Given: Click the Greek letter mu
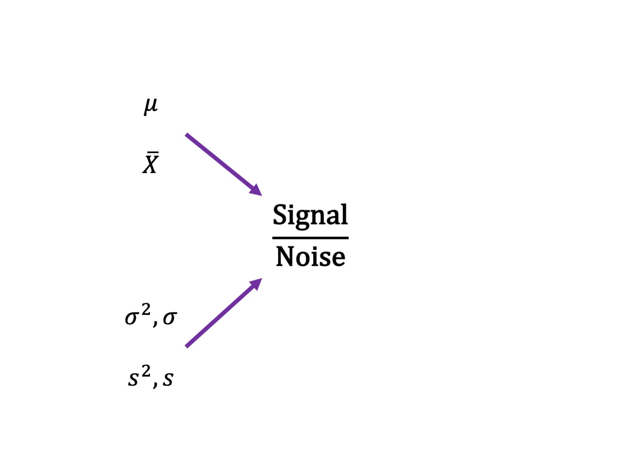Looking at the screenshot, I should pyautogui.click(x=151, y=106).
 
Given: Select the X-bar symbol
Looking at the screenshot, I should pyautogui.click(x=150, y=164).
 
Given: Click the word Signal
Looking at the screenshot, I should pyautogui.click(x=310, y=215).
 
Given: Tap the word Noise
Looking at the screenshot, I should pyautogui.click(x=310, y=256).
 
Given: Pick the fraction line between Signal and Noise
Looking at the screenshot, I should pyautogui.click(x=310, y=238).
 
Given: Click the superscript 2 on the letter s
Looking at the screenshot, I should pyautogui.click(x=146, y=371).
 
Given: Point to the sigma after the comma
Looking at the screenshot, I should pyautogui.click(x=170, y=318).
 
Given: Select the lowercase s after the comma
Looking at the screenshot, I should pyautogui.click(x=168, y=379).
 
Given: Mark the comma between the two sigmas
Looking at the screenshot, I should pyautogui.click(x=155, y=323).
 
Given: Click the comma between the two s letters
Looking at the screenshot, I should pyautogui.click(x=155, y=384).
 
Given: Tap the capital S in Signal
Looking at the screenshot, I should pyautogui.click(x=280, y=215).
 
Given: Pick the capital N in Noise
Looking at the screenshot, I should pyautogui.click(x=286, y=256).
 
